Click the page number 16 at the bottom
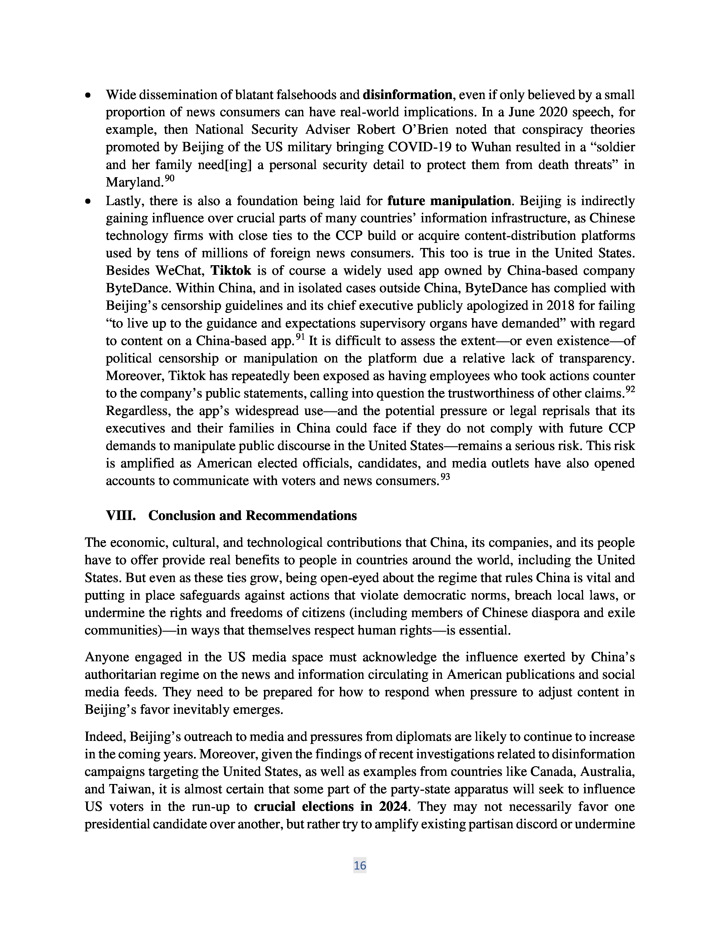coord(359,865)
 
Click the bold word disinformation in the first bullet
coord(407,95)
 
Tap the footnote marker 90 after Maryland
coord(170,179)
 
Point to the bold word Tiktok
coord(231,270)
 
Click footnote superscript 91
coord(300,337)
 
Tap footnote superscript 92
coord(630,390)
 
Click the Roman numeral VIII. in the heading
coord(121,515)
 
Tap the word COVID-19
coord(418,147)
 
